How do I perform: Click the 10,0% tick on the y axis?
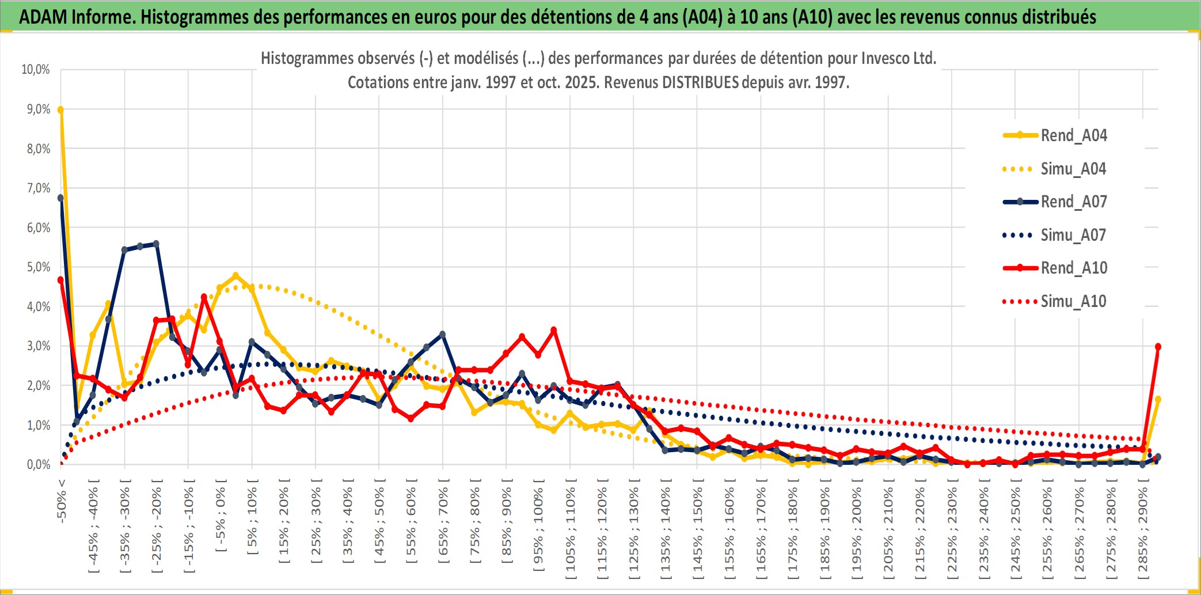click(x=36, y=70)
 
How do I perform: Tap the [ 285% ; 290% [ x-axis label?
click(x=1143, y=533)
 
